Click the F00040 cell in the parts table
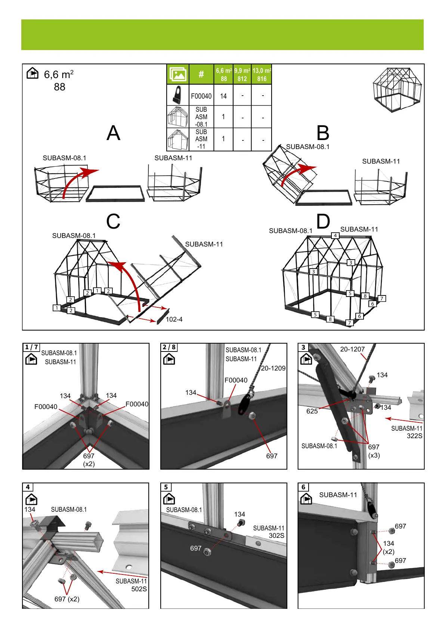201,96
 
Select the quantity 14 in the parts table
223,96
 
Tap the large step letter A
113,133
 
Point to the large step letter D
323,221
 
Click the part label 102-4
174,319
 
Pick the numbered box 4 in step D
336,236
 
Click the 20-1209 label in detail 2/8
273,368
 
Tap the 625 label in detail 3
312,411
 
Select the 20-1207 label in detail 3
352,349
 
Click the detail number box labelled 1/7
32,347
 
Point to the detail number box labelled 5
166,487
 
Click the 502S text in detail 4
139,589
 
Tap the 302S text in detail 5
276,536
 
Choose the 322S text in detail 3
414,436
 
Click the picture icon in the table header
178,74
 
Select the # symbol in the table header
201,74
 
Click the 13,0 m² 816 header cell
262,74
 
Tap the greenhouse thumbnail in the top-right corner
397,90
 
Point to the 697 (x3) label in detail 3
374,451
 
